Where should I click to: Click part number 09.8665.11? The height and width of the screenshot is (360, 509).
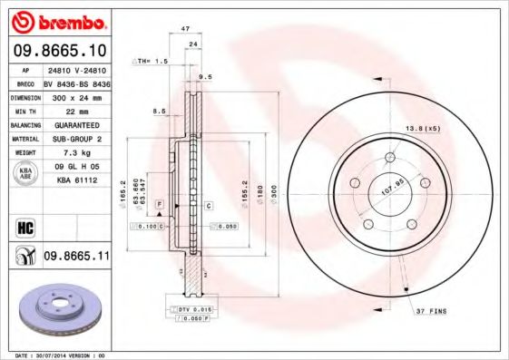pos(77,258)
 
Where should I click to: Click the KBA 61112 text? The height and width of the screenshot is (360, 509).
pos(76,181)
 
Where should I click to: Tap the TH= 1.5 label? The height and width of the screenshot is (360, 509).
pos(153,61)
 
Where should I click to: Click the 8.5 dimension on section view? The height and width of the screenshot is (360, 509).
pos(159,111)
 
